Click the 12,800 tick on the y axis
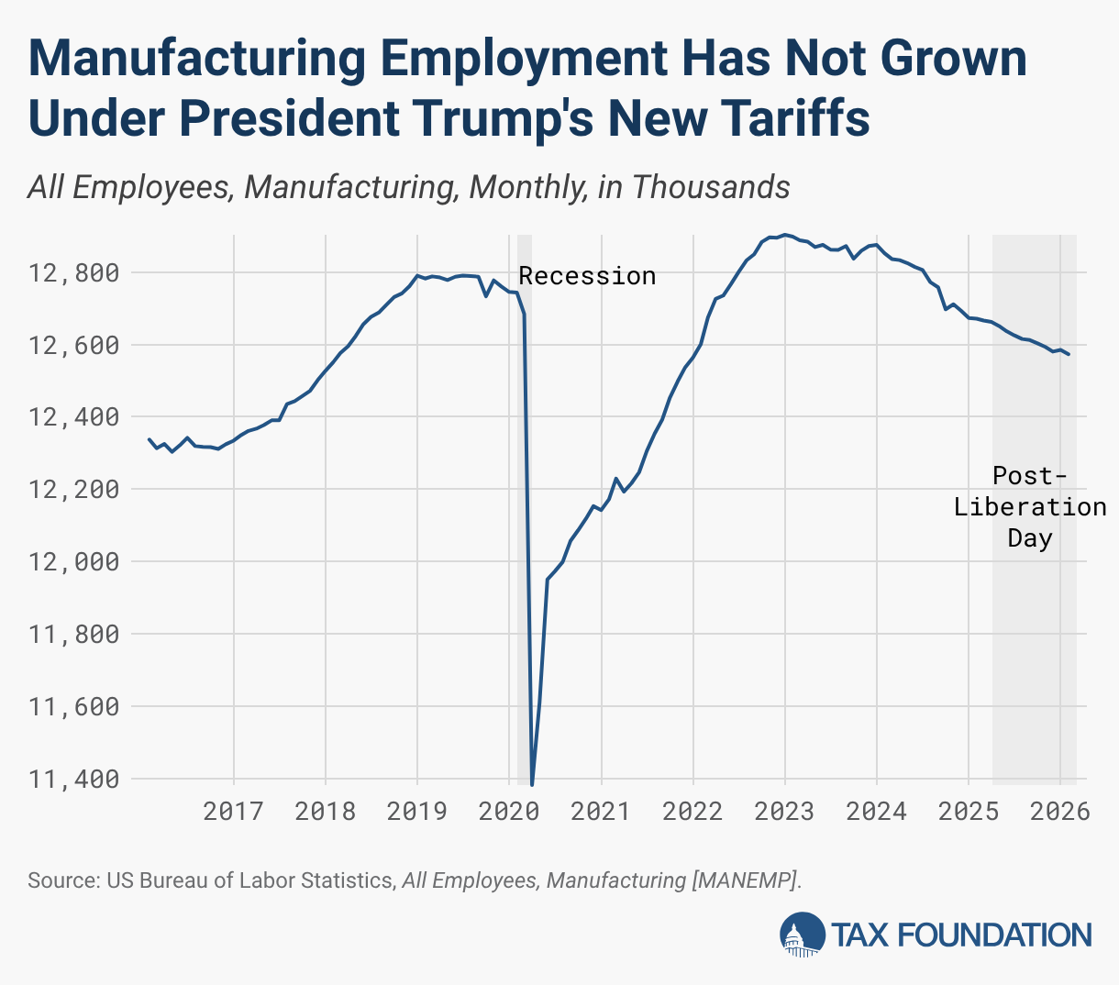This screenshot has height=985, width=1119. click(x=73, y=273)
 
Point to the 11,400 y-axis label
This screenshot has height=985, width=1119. click(x=73, y=780)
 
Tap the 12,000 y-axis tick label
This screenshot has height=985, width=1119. click(x=73, y=562)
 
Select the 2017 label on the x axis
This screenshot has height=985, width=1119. click(x=233, y=812)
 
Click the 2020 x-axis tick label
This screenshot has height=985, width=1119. click(x=509, y=812)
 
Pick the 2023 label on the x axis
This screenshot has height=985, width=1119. click(x=784, y=812)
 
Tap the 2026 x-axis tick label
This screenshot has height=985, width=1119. click(x=1059, y=812)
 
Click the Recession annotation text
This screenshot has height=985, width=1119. click(x=587, y=276)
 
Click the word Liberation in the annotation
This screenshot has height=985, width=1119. click(x=1030, y=507)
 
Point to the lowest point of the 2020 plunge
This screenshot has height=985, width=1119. click(x=532, y=785)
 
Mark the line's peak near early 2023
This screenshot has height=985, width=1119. click(x=784, y=235)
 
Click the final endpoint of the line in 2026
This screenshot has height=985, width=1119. click(x=1069, y=355)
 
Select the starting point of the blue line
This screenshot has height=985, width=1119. click(x=150, y=439)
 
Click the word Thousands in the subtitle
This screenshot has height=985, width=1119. click(x=710, y=187)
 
